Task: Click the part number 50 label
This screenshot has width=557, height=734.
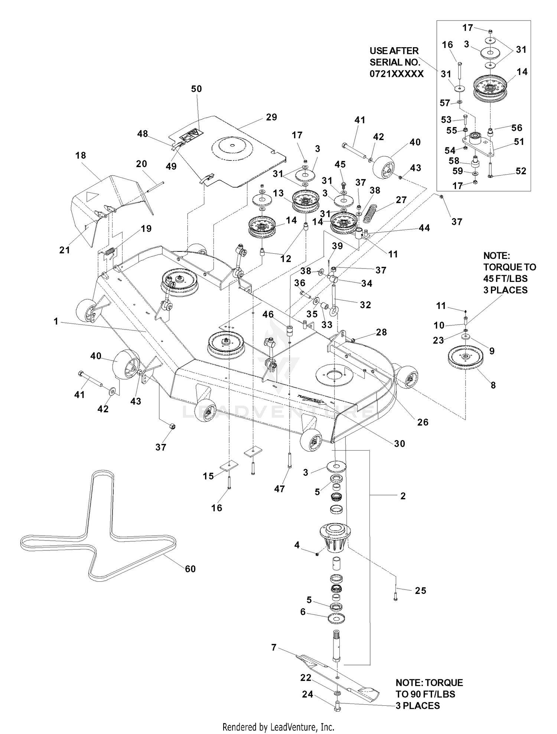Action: point(196,89)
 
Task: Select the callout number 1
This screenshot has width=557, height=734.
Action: point(56,321)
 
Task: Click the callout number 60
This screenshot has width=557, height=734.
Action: point(190,569)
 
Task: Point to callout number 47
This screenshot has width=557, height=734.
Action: point(279,489)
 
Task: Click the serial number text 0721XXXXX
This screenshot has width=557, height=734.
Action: point(397,74)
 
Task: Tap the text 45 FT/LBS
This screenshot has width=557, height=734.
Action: point(505,278)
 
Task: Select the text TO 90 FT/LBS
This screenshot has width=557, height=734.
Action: point(425,694)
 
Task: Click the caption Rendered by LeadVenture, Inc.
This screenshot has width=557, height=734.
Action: point(278,727)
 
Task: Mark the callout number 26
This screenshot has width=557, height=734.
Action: point(423,422)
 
